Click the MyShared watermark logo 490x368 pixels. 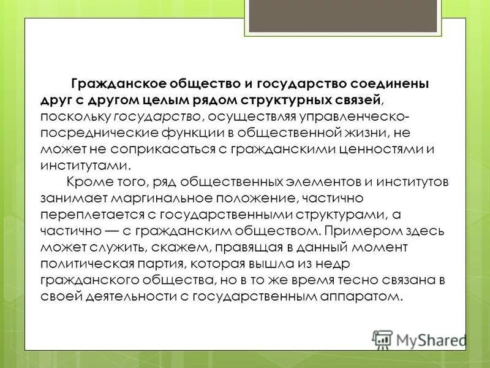[x=419, y=339]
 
